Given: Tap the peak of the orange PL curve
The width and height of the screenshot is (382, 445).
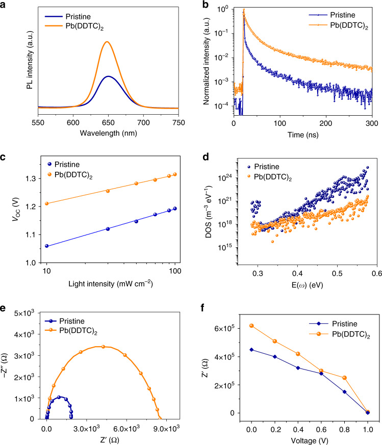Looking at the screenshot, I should tap(107, 42).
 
